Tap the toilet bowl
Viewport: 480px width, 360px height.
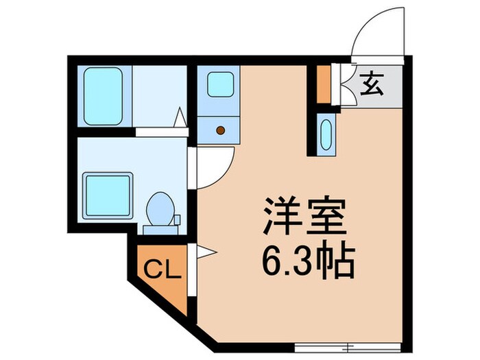(x=160, y=206)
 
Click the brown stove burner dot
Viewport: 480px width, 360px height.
(x=221, y=129)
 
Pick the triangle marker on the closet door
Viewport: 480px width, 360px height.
(x=203, y=252)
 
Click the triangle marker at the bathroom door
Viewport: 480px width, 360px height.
(x=181, y=118)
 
